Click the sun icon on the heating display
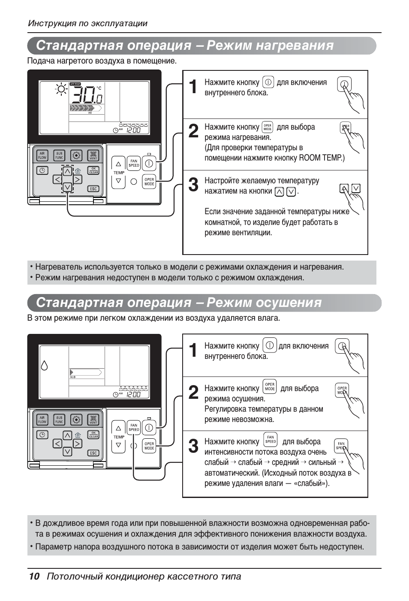(x=61, y=89)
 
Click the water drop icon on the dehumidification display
(x=44, y=365)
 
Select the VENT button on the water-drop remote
(x=93, y=419)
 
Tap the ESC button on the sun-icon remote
(x=93, y=188)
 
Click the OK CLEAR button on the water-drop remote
(x=93, y=434)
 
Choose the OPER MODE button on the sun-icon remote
(x=149, y=182)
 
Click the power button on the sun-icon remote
(x=149, y=163)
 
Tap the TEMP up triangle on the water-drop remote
(x=119, y=428)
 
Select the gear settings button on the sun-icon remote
(x=76, y=155)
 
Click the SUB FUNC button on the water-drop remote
(x=59, y=419)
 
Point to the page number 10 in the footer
(x=34, y=576)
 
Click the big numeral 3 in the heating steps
(x=193, y=185)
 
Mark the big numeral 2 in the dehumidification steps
(x=193, y=392)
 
